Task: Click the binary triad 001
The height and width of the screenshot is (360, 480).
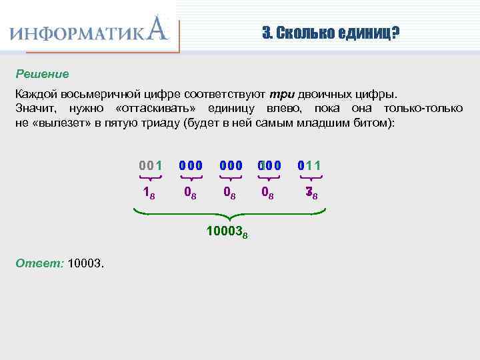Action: coord(150,165)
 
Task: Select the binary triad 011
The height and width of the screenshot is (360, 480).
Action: coord(310,165)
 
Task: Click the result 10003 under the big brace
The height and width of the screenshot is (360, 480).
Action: coord(227,233)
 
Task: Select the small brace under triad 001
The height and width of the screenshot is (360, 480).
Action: coord(150,178)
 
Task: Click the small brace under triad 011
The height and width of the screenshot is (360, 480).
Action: coord(310,178)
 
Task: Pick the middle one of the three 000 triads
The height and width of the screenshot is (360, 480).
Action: coord(230,165)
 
